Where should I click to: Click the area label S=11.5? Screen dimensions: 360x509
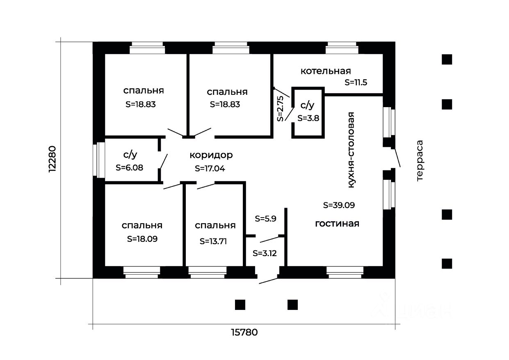click(356, 82)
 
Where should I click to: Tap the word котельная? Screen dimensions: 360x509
click(326, 71)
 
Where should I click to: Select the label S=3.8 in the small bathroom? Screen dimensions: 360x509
click(308, 118)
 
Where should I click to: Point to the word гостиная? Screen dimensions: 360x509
click(337, 224)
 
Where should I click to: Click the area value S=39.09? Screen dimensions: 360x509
click(339, 204)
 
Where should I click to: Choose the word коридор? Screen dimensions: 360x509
click(211, 155)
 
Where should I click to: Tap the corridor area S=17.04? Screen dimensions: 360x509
click(210, 168)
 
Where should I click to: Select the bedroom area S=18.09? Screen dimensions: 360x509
click(142, 238)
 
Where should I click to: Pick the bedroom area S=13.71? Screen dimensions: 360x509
click(213, 241)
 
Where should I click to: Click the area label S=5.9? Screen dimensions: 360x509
click(265, 219)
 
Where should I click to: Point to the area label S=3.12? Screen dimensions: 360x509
click(265, 253)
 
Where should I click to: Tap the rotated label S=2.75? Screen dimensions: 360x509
click(280, 108)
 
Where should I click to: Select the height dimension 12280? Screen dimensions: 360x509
click(52, 159)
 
